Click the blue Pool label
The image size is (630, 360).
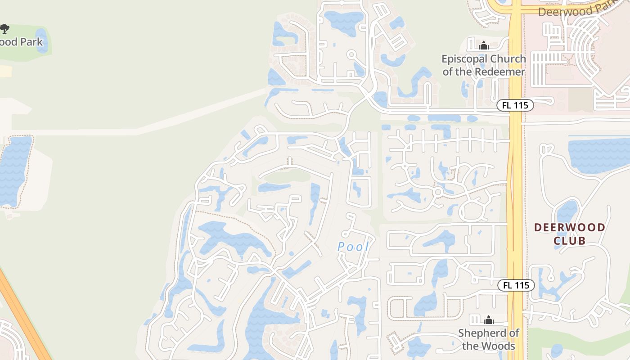click(353, 247)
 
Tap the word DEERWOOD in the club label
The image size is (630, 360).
click(569, 227)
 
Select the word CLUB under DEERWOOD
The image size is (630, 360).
click(569, 241)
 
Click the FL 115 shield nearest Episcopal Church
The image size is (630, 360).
click(515, 105)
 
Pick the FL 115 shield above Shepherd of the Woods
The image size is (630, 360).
click(516, 285)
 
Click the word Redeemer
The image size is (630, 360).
click(502, 72)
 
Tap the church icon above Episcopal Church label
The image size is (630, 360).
click(484, 45)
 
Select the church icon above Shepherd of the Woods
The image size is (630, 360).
click(488, 320)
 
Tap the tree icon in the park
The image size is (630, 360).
click(4, 29)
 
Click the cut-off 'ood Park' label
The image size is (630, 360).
click(21, 42)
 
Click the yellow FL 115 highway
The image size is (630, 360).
click(515, 189)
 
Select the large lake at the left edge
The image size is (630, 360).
click(14, 171)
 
